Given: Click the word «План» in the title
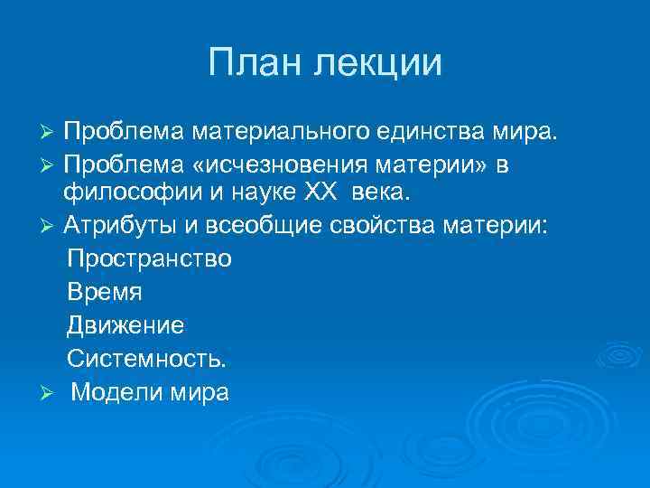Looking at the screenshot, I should tap(255, 63).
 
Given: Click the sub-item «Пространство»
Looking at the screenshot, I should tap(149, 258).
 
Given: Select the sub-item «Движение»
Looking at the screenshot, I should tap(125, 325).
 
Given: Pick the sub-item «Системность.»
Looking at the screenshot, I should tap(147, 359).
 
